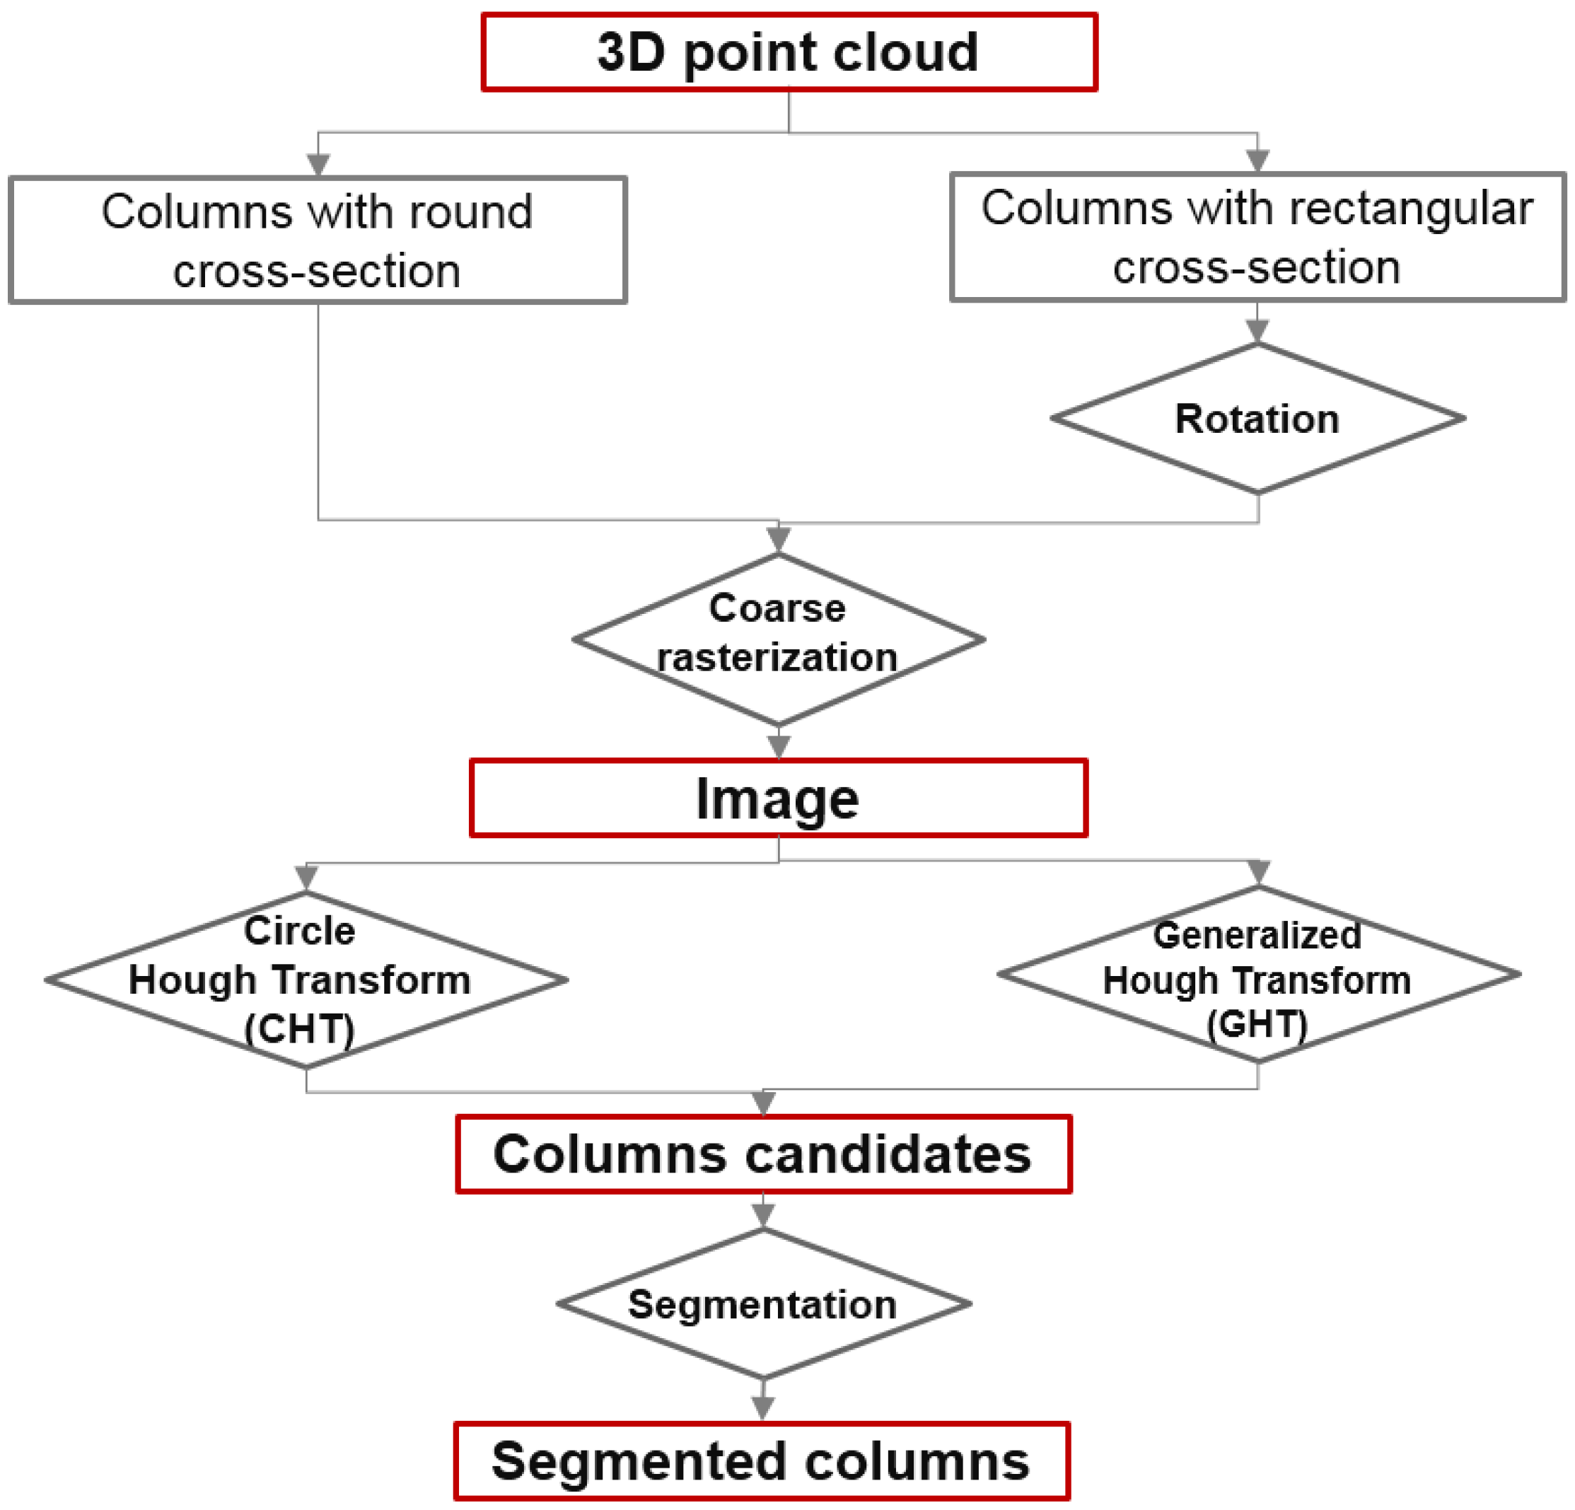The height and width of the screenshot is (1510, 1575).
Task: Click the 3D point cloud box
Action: tap(789, 52)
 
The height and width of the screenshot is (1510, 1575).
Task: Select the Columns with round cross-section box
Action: tap(318, 240)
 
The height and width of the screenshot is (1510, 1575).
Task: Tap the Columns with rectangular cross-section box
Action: tap(1257, 237)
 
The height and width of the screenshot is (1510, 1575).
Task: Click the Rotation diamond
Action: tap(1257, 419)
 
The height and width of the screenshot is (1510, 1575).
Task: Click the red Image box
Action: tap(778, 798)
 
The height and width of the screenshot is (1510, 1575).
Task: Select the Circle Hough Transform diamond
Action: tap(306, 980)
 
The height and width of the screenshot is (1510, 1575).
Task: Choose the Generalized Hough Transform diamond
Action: tap(1258, 975)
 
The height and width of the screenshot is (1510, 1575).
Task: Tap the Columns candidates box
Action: tap(763, 1154)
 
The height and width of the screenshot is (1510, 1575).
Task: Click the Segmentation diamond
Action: tap(763, 1304)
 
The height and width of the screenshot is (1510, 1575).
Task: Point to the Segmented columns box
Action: tap(762, 1462)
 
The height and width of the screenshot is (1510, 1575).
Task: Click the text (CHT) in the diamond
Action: tap(300, 1030)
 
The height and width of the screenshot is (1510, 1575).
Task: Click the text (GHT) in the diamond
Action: tap(1257, 1025)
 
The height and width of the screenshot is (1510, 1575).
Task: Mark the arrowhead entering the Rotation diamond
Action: tap(1257, 330)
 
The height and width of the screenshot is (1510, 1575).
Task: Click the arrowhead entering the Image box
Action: tap(778, 747)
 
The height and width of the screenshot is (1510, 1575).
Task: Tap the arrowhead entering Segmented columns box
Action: tap(762, 1407)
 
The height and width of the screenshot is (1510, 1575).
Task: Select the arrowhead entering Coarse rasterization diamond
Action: tap(778, 538)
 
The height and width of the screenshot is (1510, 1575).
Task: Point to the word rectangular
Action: tap(1411, 209)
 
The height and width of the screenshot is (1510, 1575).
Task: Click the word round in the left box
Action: tap(470, 213)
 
